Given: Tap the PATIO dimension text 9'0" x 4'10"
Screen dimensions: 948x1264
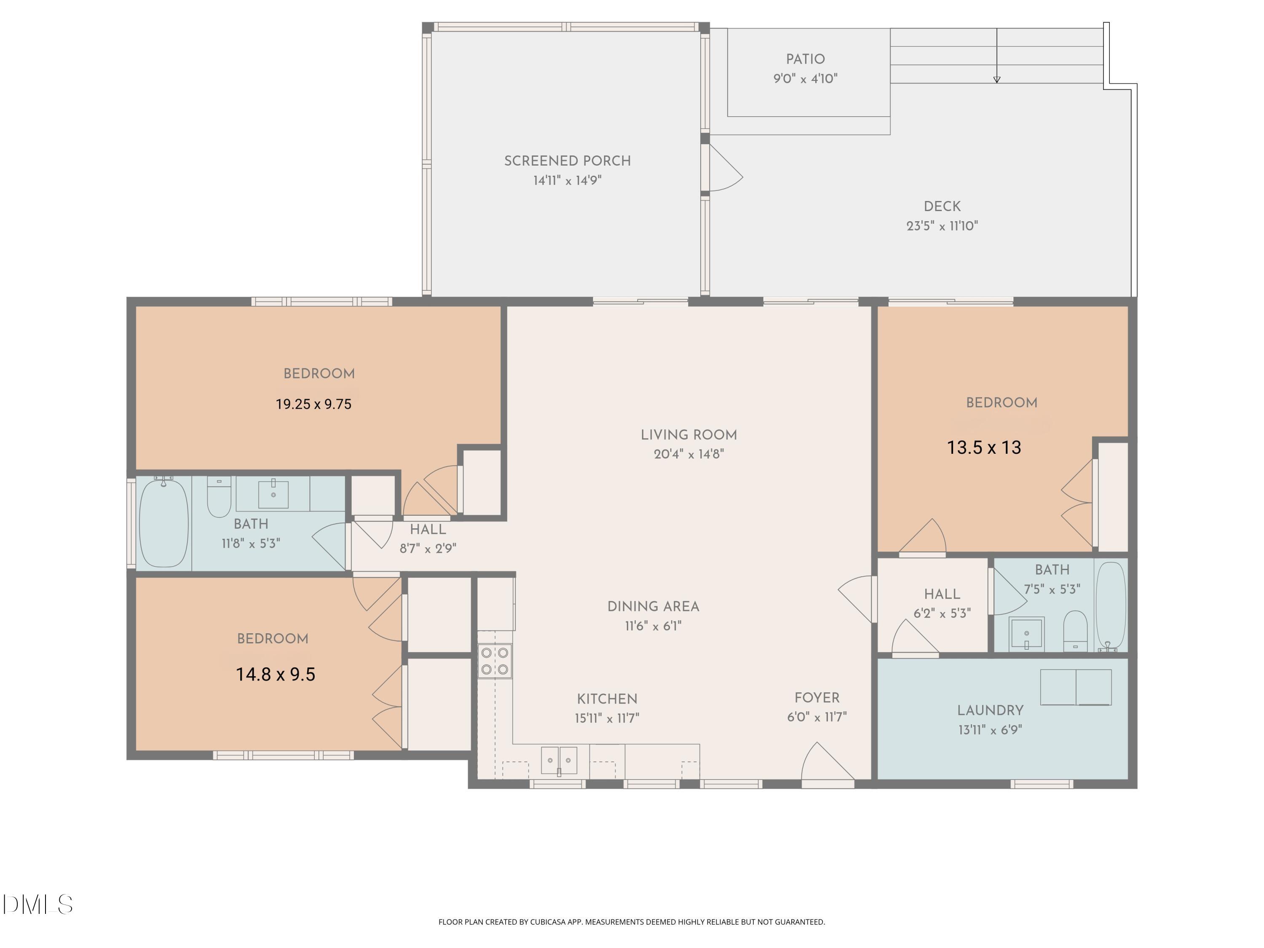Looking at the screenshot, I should tap(805, 79).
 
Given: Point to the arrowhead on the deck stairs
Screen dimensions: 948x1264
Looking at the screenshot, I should tap(996, 80).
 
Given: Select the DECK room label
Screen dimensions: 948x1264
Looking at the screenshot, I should tap(942, 206).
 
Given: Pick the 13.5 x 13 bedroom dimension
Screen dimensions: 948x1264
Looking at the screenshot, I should tap(983, 447).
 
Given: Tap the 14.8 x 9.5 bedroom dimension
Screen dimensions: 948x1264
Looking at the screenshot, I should tap(276, 674).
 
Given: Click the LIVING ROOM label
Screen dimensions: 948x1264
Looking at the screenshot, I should tap(688, 435).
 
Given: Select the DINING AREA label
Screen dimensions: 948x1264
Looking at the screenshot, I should tap(653, 606).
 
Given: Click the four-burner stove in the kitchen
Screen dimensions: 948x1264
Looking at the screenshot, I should tap(495, 661).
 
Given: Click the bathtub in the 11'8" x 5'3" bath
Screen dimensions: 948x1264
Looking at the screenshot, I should tap(163, 523).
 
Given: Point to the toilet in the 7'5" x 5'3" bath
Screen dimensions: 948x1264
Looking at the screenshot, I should tap(1075, 630).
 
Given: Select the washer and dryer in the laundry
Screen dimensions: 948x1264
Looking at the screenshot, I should tap(1075, 688).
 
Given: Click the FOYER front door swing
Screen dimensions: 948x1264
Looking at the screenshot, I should tap(826, 763).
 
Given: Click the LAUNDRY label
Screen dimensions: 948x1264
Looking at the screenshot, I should tap(990, 711).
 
